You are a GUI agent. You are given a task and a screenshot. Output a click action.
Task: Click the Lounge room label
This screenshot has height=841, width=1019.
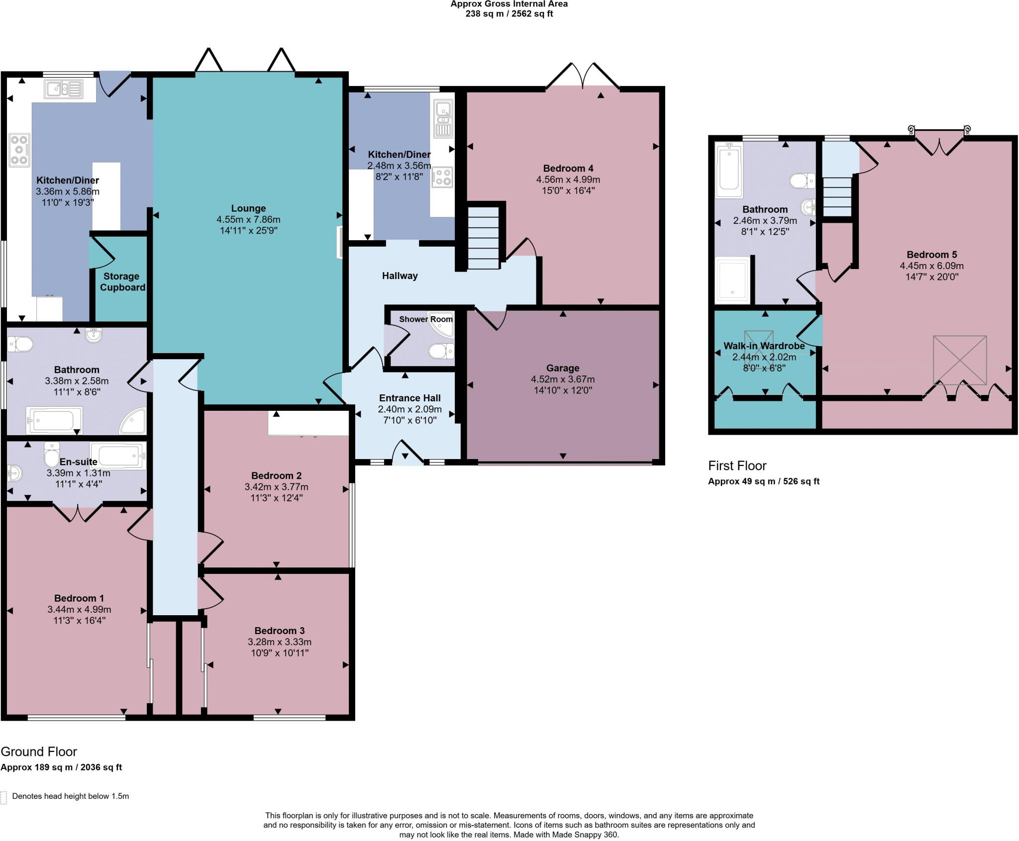click(248, 208)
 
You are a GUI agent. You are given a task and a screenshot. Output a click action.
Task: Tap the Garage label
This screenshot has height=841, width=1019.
click(563, 368)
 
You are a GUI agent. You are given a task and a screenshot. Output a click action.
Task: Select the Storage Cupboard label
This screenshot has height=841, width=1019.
click(122, 281)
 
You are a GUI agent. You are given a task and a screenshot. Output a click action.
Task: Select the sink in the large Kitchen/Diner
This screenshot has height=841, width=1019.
click(64, 89)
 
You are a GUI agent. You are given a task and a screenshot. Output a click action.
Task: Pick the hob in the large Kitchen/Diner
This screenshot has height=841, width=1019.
click(19, 150)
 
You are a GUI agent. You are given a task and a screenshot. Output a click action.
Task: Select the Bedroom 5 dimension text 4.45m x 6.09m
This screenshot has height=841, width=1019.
click(931, 266)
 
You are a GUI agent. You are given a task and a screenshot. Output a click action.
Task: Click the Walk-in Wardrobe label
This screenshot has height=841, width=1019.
click(764, 346)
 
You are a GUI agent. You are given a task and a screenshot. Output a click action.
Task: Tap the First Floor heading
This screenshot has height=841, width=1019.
click(737, 466)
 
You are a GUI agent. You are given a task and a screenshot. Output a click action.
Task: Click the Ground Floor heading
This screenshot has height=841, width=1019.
click(39, 751)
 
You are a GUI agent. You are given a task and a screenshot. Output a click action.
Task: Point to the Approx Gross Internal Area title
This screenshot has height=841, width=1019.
click(509, 4)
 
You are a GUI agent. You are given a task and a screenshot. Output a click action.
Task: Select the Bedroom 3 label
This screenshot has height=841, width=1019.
click(280, 631)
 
